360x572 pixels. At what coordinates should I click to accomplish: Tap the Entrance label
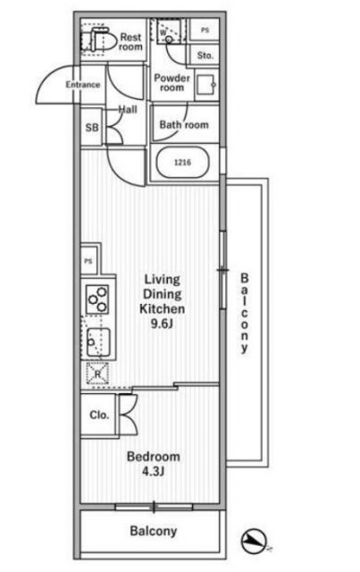pos(83,85)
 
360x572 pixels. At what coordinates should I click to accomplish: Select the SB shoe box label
pos(92,128)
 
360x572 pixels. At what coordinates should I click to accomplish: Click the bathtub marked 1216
pos(183,163)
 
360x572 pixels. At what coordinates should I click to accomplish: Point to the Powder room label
pos(172,83)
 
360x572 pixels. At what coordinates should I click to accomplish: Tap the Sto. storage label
pos(205,55)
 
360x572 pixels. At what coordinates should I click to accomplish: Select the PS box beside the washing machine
pos(205,29)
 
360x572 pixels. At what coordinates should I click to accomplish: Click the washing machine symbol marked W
pos(169,31)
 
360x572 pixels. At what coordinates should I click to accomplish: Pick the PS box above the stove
pos(88,261)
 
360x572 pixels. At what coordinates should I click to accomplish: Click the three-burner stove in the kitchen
pos(97,299)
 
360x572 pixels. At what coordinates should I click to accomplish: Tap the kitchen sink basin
pos(98,342)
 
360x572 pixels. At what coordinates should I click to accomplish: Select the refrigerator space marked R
pos(97,374)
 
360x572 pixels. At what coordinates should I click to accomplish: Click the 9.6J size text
pos(162,324)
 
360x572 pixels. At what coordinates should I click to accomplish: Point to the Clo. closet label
pos(99,415)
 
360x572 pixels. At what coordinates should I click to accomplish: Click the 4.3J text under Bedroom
pos(153,472)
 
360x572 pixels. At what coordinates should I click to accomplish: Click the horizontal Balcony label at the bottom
pos(153,531)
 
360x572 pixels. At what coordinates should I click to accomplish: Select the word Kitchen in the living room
pos(163,309)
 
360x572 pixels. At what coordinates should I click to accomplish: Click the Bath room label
pos(184,125)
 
